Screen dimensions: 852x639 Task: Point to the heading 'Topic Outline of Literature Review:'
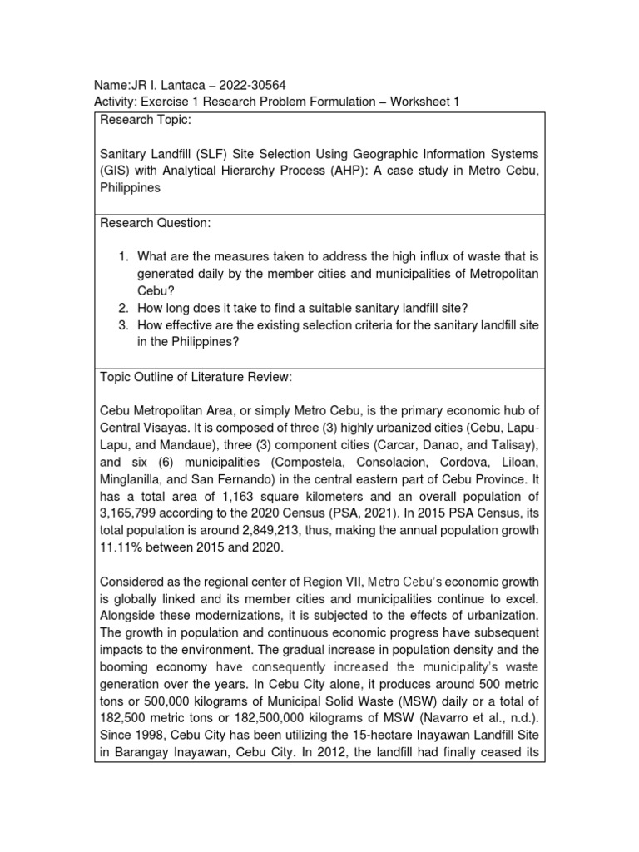(196, 377)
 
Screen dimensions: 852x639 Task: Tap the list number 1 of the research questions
(123, 256)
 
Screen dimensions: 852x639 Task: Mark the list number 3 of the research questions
(123, 325)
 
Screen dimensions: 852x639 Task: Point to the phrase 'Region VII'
(333, 581)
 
